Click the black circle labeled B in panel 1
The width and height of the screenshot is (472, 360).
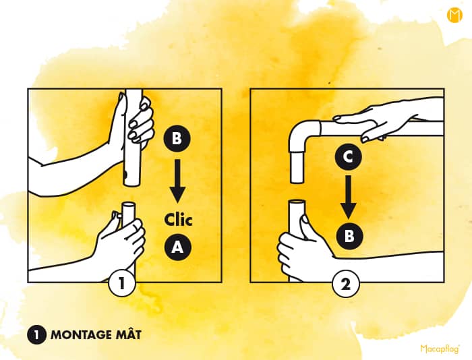177,139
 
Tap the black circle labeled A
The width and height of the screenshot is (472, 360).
178,247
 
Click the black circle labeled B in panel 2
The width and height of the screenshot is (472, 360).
349,236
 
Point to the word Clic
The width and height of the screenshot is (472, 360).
178,219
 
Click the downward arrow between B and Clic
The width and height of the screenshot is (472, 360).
177,181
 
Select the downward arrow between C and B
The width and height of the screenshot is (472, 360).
349,197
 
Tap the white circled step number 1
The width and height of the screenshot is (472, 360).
121,283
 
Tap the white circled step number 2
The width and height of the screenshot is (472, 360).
346,284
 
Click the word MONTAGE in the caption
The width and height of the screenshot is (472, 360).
81,334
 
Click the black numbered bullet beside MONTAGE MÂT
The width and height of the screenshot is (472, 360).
36,334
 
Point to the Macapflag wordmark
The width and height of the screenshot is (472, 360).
440,349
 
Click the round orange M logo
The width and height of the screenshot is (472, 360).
454,16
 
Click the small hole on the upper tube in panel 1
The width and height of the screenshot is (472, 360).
125,174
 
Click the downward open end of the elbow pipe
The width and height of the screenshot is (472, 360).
297,181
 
